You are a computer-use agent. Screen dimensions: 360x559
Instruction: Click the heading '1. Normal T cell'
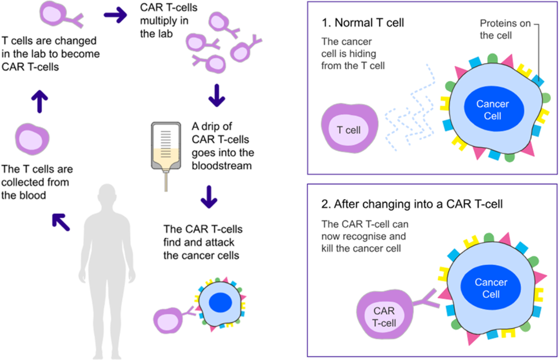363,22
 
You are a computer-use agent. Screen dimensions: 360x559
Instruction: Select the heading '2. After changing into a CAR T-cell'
412,204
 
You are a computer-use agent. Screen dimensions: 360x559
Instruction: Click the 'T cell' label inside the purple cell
349,131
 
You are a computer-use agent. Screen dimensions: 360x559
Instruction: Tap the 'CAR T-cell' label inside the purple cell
384,317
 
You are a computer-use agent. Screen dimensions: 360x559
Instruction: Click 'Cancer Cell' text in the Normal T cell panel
492,110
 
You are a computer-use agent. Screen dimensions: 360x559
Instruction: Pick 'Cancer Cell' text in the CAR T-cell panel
491,288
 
